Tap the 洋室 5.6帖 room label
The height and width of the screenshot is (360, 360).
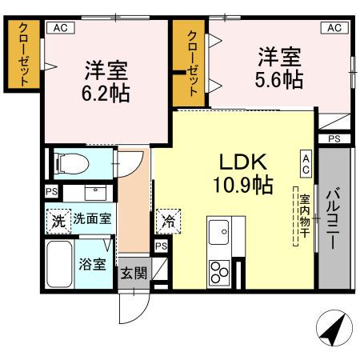[x=279, y=68]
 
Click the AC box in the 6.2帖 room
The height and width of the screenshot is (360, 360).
[x=60, y=27]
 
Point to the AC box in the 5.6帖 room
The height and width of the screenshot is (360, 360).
[x=334, y=27]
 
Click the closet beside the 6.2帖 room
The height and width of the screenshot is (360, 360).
[x=24, y=54]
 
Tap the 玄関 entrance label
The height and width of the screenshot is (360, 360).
[x=134, y=272]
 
